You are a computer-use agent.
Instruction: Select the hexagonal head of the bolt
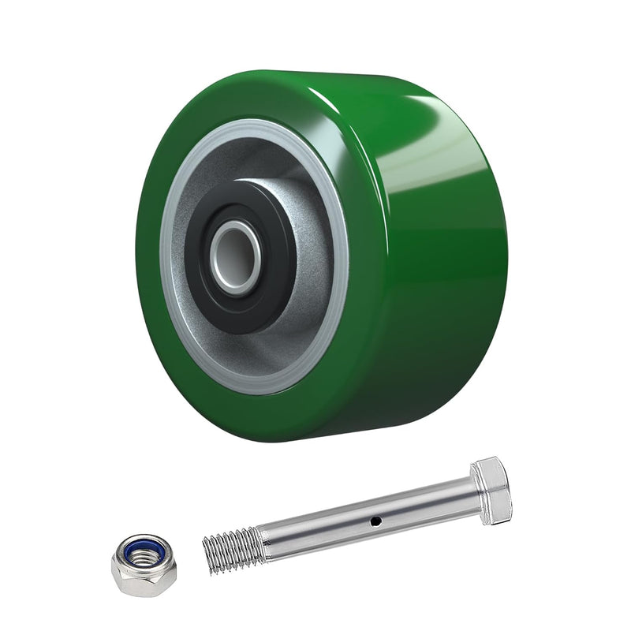click(x=491, y=489)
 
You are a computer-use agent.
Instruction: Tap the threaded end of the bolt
click(x=233, y=544)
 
